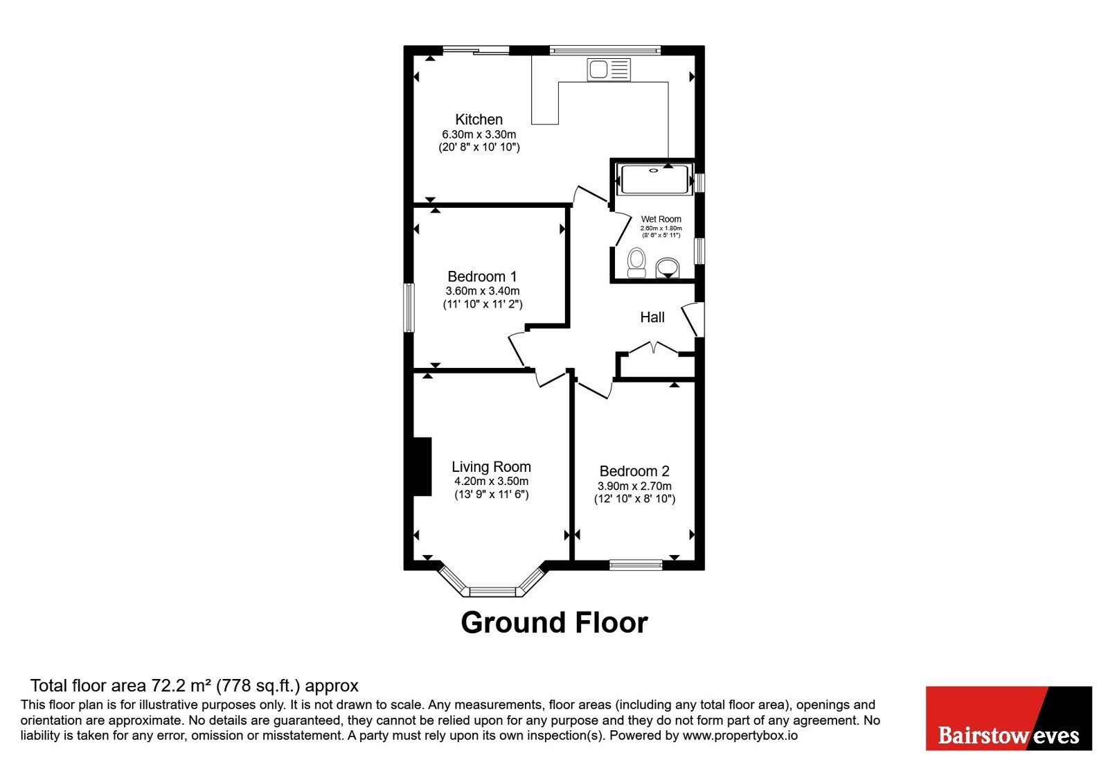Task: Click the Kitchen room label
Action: [479, 119]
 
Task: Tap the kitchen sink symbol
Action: [609, 69]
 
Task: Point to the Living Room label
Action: [491, 467]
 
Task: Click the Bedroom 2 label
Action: [634, 470]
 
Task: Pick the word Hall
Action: [652, 317]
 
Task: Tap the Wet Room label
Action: [661, 219]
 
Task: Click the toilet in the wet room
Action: [636, 263]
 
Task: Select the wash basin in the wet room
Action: [668, 267]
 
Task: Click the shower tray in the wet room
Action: [654, 179]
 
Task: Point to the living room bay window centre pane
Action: [492, 592]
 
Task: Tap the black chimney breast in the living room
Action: [422, 466]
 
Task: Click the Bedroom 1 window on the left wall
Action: [409, 308]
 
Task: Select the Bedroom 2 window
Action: [636, 565]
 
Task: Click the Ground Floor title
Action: [554, 623]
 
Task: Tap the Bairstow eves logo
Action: [1008, 718]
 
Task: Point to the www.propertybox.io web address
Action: [740, 735]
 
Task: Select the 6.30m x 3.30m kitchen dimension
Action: [479, 134]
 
